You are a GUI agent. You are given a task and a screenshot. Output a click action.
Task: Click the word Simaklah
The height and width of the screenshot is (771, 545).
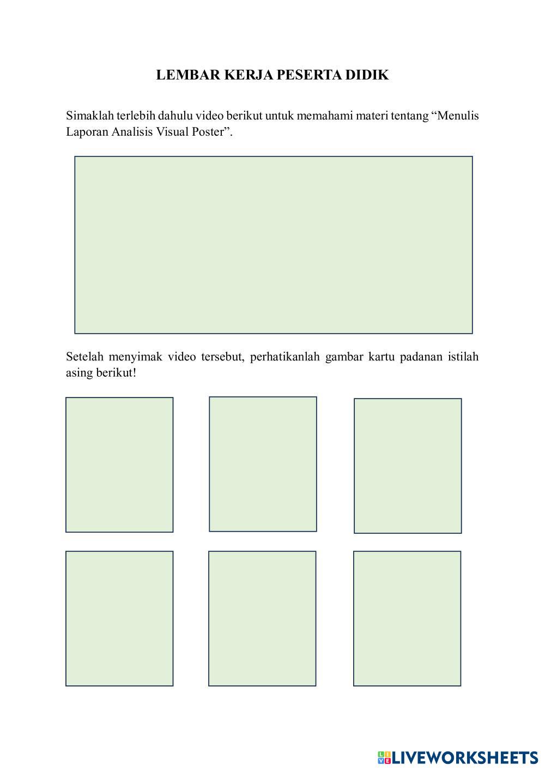coord(89,116)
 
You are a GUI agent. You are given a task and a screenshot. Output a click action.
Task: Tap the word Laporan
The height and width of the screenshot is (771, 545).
coord(87,132)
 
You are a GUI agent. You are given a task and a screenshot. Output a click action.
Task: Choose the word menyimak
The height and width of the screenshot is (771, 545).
coord(136,358)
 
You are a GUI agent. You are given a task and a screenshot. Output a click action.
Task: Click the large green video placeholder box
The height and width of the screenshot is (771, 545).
coord(274,245)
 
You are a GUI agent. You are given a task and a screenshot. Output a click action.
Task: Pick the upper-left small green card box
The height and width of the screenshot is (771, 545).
coord(119,465)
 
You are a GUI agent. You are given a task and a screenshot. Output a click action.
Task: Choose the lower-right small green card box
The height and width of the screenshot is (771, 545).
coord(407,618)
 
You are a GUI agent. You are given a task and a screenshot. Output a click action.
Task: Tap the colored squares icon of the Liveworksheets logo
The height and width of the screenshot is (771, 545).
coord(384,757)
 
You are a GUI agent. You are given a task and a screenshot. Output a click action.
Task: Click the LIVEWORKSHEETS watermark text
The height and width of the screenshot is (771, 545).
coord(465,757)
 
